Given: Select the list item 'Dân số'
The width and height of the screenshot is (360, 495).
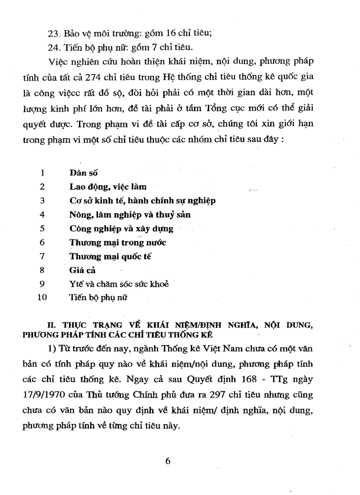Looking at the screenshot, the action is tap(83, 173).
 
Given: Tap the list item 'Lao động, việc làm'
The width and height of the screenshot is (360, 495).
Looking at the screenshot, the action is tap(108, 187).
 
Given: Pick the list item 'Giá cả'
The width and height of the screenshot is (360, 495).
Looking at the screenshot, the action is tap(82, 270).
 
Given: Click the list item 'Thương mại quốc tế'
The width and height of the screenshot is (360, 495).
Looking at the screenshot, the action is tap(110, 256).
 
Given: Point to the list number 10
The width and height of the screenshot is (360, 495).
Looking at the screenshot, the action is tap(42, 298).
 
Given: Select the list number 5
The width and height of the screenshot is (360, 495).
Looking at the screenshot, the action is tap(42, 228).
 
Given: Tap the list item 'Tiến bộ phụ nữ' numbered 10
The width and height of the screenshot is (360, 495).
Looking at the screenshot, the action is tap(98, 298).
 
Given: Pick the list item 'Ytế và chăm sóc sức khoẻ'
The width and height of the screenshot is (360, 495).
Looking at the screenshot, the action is tap(119, 284).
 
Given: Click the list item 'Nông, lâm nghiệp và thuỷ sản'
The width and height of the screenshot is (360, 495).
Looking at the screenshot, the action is tap(130, 215).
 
